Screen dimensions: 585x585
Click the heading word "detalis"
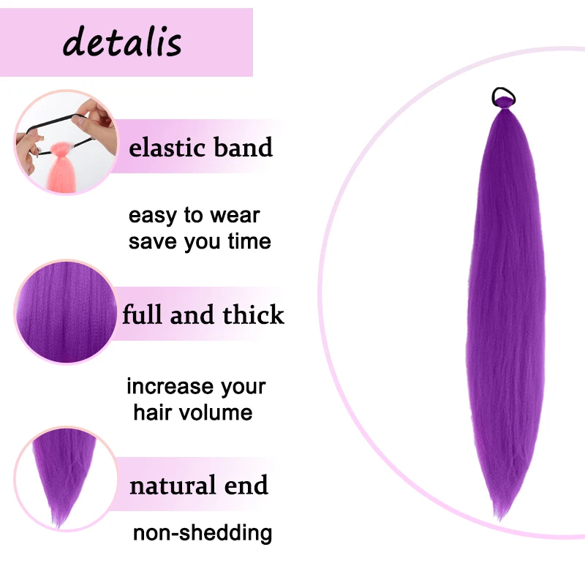[x=122, y=42]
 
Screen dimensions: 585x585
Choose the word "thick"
[x=253, y=315]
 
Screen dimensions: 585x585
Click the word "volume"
[x=217, y=412]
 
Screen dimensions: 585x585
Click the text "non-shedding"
[x=203, y=532]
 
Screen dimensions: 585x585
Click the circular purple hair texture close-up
[x=66, y=313]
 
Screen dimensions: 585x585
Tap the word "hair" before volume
[x=156, y=412]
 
